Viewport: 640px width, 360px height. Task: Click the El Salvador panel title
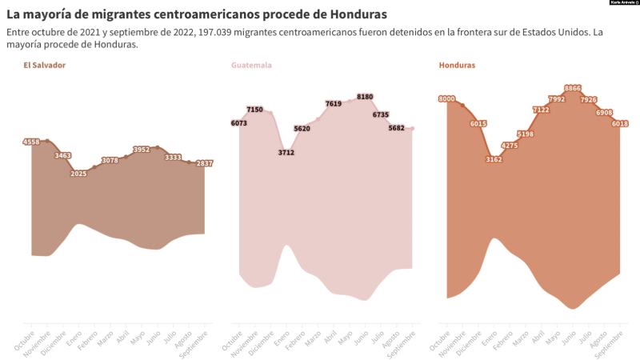(x=45, y=65)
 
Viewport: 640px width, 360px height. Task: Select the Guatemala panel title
(x=251, y=65)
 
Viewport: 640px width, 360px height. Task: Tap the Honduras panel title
(x=457, y=65)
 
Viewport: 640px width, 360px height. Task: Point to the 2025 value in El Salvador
(x=78, y=174)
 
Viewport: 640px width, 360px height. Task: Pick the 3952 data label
(x=141, y=150)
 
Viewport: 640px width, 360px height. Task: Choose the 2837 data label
(x=204, y=163)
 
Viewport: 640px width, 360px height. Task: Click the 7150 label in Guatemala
(x=254, y=110)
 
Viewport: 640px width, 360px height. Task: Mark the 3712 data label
(x=286, y=152)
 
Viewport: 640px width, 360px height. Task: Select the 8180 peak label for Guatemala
(x=365, y=97)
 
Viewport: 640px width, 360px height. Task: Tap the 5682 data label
(x=397, y=128)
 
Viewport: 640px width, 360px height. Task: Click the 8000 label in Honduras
(x=446, y=98)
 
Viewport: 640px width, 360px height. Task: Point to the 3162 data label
(x=494, y=159)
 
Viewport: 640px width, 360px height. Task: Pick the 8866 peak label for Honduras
(x=573, y=88)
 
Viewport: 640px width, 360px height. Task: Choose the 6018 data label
(x=620, y=123)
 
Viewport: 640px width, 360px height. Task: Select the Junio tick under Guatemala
(x=361, y=338)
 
